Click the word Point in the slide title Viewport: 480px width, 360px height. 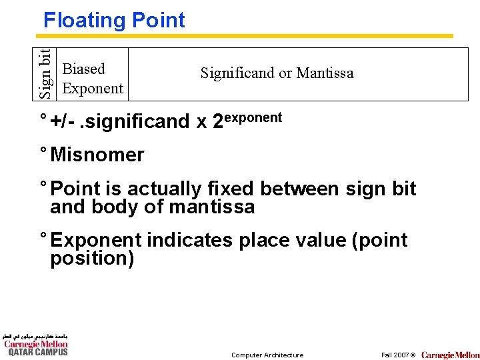coord(159,21)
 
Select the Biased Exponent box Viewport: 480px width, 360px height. coord(92,79)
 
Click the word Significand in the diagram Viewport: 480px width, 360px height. coord(237,73)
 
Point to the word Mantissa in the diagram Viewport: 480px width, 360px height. coord(325,73)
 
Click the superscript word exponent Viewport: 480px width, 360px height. coord(253,117)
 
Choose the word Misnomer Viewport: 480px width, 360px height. coord(97,155)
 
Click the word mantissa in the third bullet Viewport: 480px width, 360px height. coord(212,207)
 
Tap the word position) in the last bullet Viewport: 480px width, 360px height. coord(92,258)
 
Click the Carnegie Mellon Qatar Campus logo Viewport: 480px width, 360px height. coord(36,345)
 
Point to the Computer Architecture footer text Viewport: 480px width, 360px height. coord(267,355)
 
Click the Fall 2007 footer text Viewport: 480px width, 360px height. coord(398,355)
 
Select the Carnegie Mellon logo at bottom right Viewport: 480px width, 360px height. coord(450,355)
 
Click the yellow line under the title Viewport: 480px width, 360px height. coord(247,36)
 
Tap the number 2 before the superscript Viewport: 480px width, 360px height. coord(217,122)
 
